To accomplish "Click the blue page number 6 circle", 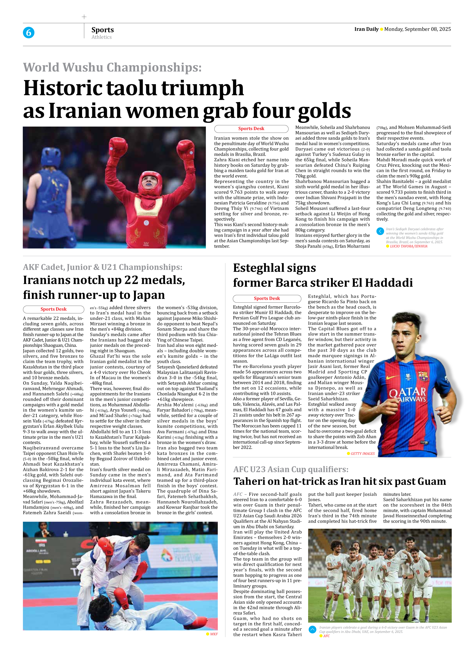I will [x=28, y=32].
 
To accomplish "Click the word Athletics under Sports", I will [x=101, y=37].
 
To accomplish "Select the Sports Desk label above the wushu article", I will [x=251, y=128].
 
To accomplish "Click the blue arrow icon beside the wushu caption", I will [x=380, y=231].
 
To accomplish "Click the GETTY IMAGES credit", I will [x=362, y=453].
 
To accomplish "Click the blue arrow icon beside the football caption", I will [x=312, y=629].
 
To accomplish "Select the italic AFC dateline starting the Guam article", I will [x=238, y=494].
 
